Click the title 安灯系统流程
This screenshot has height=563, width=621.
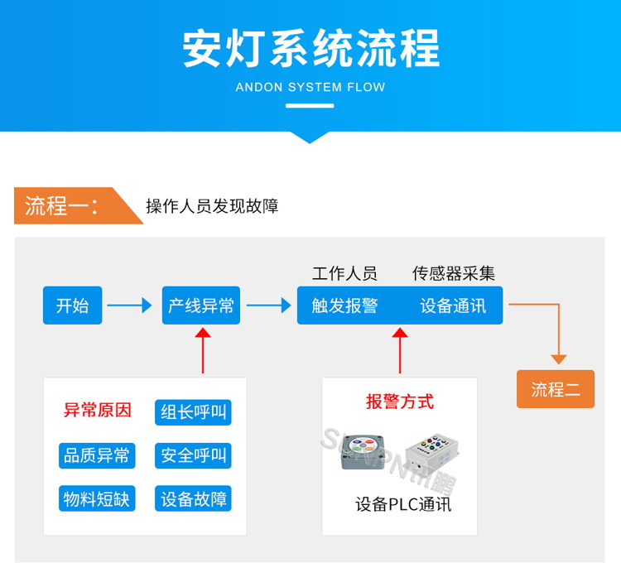[310, 49]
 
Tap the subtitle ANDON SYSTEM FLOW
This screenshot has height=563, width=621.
[310, 87]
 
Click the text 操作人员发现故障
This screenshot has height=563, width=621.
[212, 206]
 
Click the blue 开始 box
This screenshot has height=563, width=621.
[72, 306]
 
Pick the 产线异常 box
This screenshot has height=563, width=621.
[201, 306]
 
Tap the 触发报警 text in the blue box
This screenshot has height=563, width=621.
[344, 306]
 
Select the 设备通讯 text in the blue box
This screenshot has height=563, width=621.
[453, 306]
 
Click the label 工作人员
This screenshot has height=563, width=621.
[344, 274]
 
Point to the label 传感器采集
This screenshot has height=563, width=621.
[454, 274]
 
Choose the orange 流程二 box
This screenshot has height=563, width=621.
[556, 389]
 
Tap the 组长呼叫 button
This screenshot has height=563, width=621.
[193, 411]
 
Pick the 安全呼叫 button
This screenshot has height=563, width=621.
[193, 455]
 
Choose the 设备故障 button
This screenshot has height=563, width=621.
[193, 498]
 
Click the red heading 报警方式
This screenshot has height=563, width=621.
[400, 402]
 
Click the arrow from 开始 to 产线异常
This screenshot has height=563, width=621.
[130, 306]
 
